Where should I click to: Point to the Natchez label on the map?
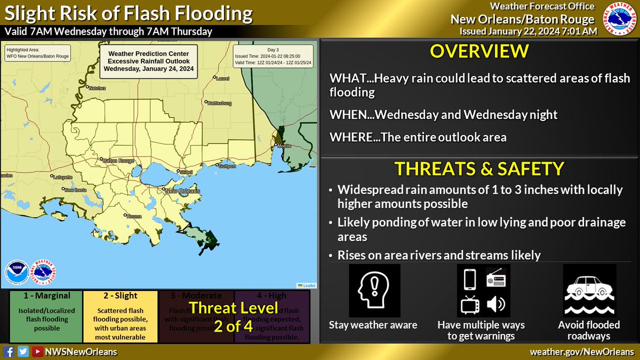click(97, 87)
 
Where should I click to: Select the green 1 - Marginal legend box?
click(42, 316)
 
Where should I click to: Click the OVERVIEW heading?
click(479, 51)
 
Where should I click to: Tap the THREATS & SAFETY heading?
click(479, 169)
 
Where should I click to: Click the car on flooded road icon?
click(589, 291)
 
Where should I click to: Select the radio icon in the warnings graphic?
click(495, 279)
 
